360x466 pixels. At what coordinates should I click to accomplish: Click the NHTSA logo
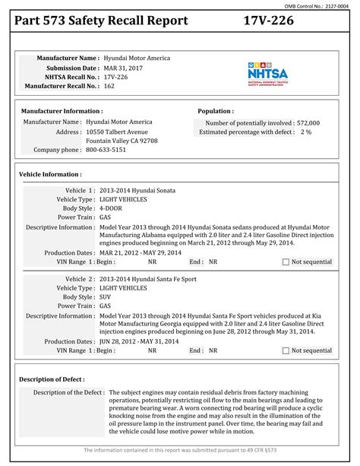[x=266, y=74]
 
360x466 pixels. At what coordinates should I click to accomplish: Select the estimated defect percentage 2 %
[x=305, y=132]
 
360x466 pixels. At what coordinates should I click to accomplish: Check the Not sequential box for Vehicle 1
[x=286, y=262]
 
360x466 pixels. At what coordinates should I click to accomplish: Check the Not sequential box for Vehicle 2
[x=286, y=350]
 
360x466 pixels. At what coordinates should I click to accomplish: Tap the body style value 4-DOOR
[x=113, y=208]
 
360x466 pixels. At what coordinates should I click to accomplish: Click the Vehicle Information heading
[x=49, y=174]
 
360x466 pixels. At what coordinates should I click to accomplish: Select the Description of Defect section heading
[x=52, y=378]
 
